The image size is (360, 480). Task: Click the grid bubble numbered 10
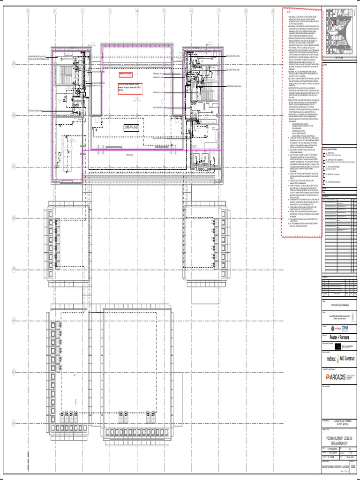(28, 11)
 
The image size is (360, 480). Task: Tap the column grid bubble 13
(110, 11)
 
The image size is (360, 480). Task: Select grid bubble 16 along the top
(192, 11)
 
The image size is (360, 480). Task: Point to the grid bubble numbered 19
(273, 11)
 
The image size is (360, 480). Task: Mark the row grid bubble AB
(15, 114)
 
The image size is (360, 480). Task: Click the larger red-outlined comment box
(130, 88)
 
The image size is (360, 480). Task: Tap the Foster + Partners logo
(340, 337)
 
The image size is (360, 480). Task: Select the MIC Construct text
(348, 358)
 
